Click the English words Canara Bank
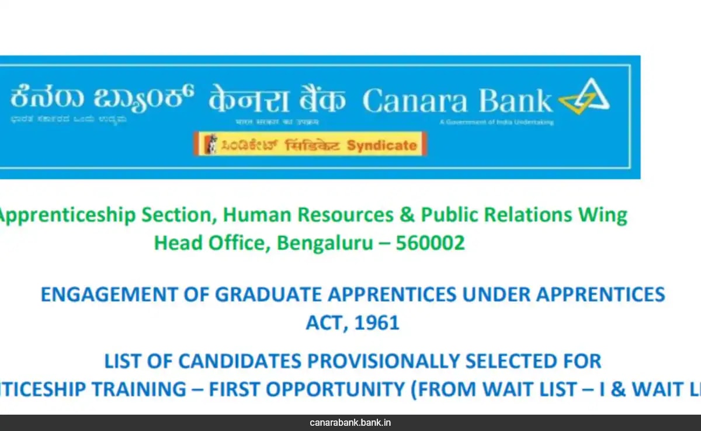coord(457,101)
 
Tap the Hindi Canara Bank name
coord(277,100)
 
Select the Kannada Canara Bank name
coord(101,99)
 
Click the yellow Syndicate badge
coord(310,144)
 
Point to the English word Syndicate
coord(382,145)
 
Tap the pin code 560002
coord(430,242)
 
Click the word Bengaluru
coord(325,242)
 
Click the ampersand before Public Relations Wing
coord(407,215)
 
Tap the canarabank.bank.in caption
coord(350,422)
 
